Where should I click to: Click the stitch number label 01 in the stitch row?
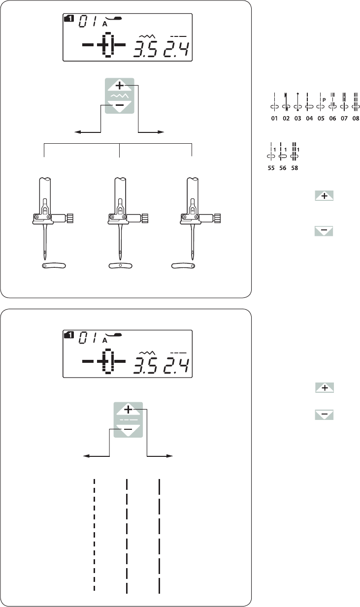pyautogui.click(x=274, y=119)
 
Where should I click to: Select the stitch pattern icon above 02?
pyautogui.click(x=286, y=102)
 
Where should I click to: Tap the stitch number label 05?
pyautogui.click(x=321, y=119)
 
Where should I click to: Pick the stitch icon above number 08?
pyautogui.click(x=356, y=102)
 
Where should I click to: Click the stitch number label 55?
pyautogui.click(x=271, y=168)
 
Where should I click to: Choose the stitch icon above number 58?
pyautogui.click(x=295, y=152)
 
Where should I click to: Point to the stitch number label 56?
pyautogui.click(x=283, y=168)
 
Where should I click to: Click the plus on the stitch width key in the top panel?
pyautogui.click(x=120, y=86)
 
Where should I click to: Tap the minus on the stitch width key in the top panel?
pyautogui.click(x=120, y=105)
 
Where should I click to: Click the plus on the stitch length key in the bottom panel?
pyautogui.click(x=128, y=410)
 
